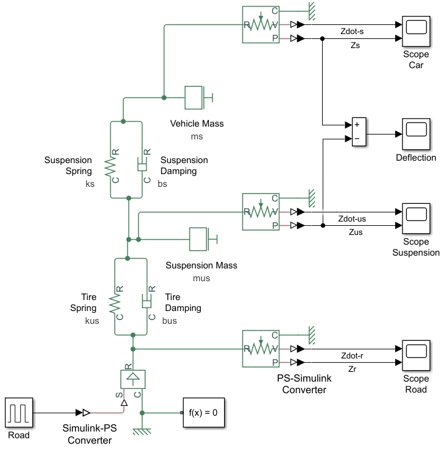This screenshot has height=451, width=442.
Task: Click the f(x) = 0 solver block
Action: pos(203,413)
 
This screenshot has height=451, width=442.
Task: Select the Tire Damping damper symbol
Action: pos(147,302)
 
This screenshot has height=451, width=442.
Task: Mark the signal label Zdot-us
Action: pos(353,219)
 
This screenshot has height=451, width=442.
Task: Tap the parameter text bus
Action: pos(170,321)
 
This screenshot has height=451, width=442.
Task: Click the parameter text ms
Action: pos(197,136)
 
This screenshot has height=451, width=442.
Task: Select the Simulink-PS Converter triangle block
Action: pos(86,413)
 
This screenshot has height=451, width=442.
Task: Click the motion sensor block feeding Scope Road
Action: pos(261,349)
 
